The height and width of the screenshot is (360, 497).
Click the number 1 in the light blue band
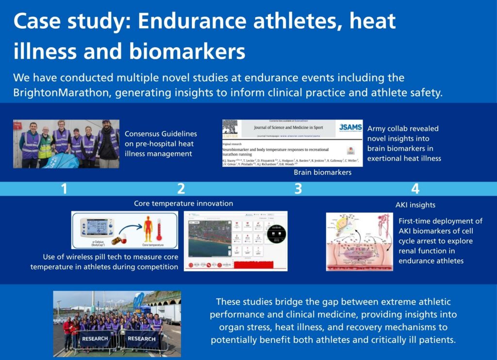pyautogui.click(x=64, y=189)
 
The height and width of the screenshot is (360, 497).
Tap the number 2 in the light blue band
pyautogui.click(x=181, y=189)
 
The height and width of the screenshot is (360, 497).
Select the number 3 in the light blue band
pyautogui.click(x=298, y=189)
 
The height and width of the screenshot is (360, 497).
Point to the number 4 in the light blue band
pyautogui.click(x=415, y=189)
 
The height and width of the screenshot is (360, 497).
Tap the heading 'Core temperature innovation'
pyautogui.click(x=183, y=204)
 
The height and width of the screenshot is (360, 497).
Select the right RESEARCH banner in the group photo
pyautogui.click(x=142, y=339)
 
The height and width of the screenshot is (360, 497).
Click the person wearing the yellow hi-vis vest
pyautogui.click(x=45, y=144)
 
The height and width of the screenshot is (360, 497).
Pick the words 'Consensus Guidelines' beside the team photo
pyautogui.click(x=161, y=134)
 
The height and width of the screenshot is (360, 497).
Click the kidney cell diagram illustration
pyautogui.click(x=359, y=241)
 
